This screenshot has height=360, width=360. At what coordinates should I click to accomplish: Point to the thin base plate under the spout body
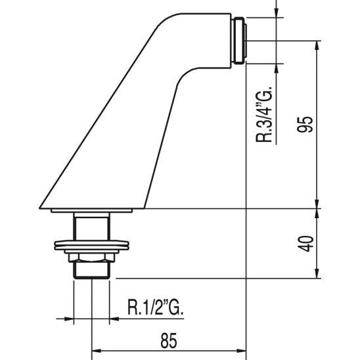(x=92, y=210)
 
